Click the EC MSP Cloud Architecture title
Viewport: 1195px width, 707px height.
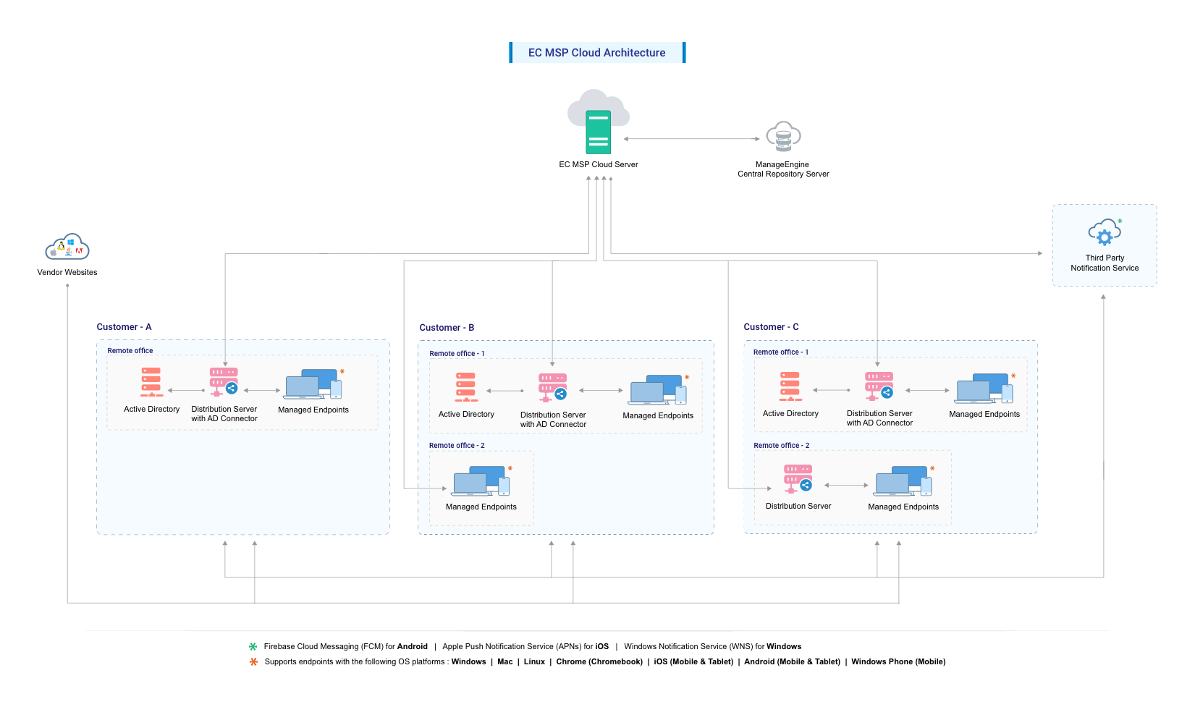(x=596, y=53)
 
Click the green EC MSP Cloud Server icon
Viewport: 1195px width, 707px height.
(x=599, y=131)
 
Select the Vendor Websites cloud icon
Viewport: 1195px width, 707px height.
(x=67, y=247)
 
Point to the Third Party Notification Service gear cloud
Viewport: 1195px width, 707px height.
(x=1105, y=233)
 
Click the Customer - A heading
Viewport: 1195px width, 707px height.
(x=124, y=327)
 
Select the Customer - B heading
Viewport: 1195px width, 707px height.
(x=447, y=328)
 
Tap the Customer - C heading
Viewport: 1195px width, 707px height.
(x=771, y=327)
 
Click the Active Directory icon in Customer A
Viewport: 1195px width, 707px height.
(x=151, y=382)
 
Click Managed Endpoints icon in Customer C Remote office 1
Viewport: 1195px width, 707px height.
(x=984, y=389)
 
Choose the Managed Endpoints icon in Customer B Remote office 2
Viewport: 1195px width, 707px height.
(x=481, y=481)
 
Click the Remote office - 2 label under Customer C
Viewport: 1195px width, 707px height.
(x=781, y=446)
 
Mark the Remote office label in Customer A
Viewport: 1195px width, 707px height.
(x=130, y=351)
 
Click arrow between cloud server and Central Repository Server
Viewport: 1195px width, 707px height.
(x=691, y=139)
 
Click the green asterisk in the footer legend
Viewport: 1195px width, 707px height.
(x=253, y=647)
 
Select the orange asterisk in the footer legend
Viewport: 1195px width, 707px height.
(x=253, y=662)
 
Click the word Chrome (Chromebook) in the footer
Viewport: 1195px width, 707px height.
(x=599, y=662)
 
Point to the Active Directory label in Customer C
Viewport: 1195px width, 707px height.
(x=790, y=414)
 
